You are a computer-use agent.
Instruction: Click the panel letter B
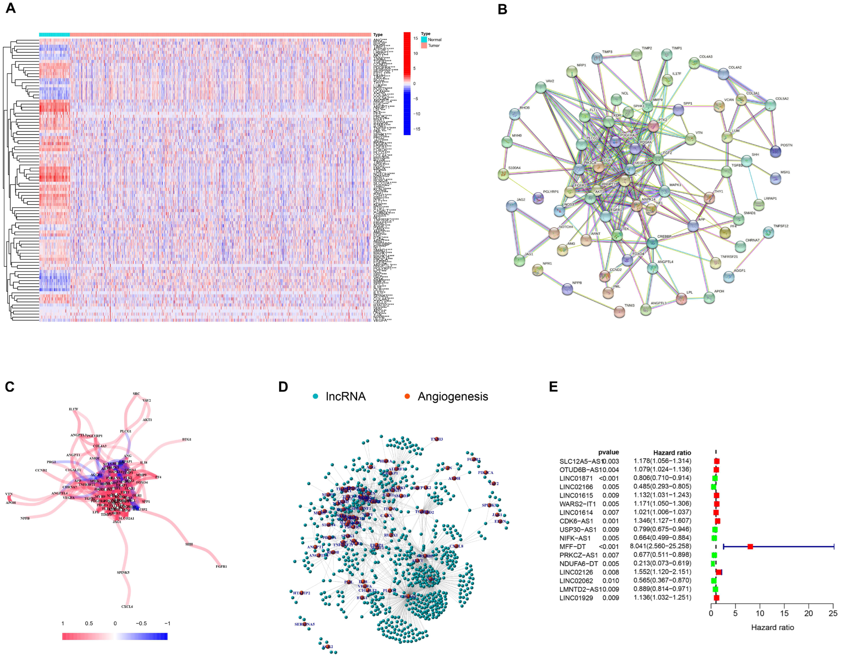[502, 9]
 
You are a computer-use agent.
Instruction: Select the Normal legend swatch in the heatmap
[424, 40]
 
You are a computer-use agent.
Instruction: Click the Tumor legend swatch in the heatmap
[424, 46]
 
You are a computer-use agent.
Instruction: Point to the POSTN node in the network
[775, 151]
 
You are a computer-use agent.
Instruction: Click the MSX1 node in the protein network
[775, 178]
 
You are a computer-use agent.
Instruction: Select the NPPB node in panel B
[567, 289]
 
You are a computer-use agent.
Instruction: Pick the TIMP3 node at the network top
[597, 59]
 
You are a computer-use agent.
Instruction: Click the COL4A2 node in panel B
[723, 74]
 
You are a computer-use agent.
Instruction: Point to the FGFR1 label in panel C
[221, 566]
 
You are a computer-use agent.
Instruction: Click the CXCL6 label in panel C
[127, 606]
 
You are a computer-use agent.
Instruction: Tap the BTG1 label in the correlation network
[187, 439]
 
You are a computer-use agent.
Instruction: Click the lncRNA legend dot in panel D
[316, 396]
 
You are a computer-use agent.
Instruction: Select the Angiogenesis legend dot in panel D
[407, 396]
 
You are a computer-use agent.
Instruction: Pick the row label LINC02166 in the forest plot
[576, 487]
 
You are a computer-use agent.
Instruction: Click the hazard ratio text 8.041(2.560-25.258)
[662, 546]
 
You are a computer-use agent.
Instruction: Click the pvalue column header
[608, 452]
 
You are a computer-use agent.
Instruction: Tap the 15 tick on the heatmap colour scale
[415, 38]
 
